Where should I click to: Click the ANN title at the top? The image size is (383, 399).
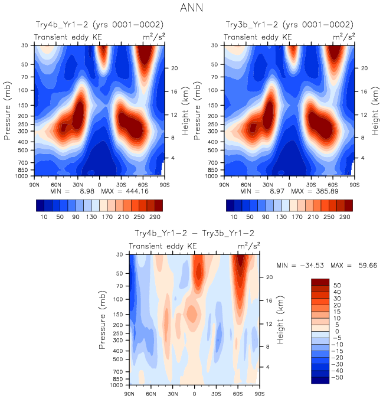point(191,8)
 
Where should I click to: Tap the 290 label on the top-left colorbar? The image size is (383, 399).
point(154,217)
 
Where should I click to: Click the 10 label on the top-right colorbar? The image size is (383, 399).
point(234,217)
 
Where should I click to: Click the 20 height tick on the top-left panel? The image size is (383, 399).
point(175,68)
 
